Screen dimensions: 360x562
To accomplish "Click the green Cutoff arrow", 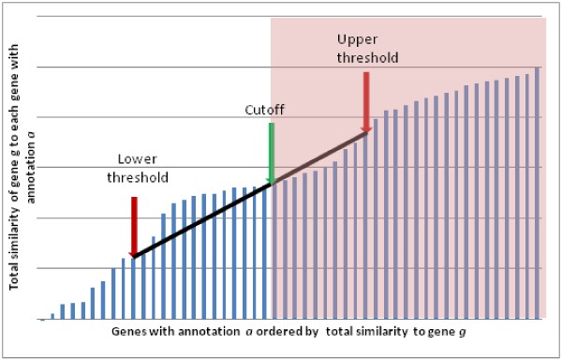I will click(271, 150).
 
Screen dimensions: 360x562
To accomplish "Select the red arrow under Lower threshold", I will click(134, 225).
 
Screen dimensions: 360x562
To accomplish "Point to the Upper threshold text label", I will click(369, 48).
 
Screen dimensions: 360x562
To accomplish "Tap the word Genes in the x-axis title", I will click(127, 332).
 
